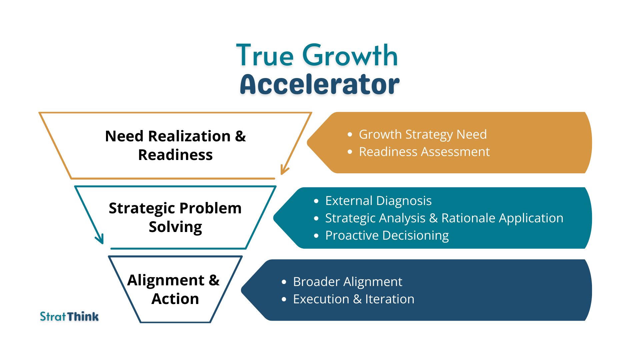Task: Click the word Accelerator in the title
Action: (319, 85)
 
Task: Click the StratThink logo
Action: (69, 316)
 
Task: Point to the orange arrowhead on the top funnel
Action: (284, 170)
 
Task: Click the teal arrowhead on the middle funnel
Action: (100, 239)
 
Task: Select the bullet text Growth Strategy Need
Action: (423, 134)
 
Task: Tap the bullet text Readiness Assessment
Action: (424, 152)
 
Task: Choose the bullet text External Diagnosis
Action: (378, 201)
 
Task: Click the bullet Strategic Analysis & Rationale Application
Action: (444, 218)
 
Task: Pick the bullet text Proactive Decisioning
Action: (387, 235)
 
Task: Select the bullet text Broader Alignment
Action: (348, 282)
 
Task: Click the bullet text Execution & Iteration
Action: (354, 299)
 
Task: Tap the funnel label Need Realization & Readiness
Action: (175, 145)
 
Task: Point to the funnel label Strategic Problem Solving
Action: (175, 217)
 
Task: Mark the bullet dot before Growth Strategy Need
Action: (350, 135)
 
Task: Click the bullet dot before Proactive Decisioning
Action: (316, 236)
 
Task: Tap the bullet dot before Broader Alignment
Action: (284, 282)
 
